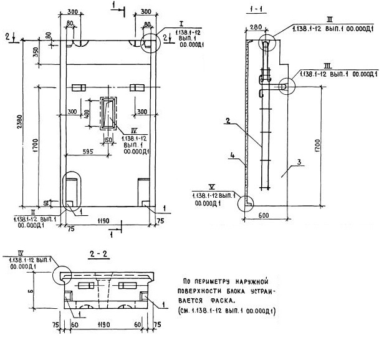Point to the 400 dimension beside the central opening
[87, 114]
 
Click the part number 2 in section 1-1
[228, 123]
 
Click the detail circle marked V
[247, 202]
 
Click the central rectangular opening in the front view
[110, 114]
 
